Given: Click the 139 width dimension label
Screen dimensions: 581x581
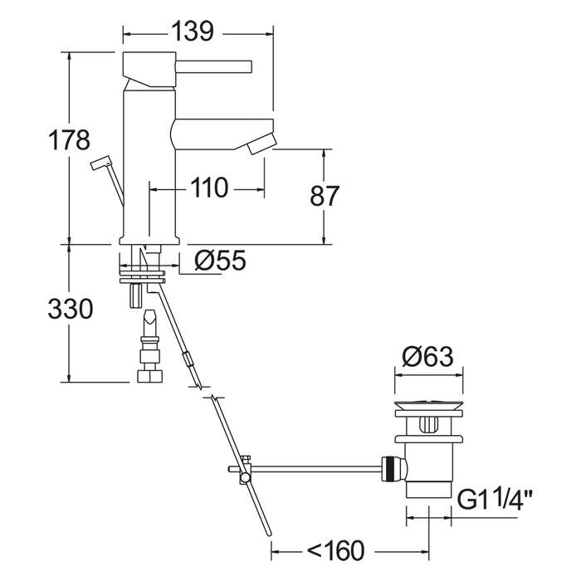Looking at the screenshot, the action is [x=193, y=32].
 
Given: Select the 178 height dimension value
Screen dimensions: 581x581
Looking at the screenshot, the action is [x=69, y=140].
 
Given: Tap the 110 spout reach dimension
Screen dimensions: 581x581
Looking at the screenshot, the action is [x=208, y=188].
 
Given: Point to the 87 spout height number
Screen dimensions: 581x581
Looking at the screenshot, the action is [x=325, y=195].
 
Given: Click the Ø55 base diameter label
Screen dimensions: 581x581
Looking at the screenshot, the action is [x=220, y=260].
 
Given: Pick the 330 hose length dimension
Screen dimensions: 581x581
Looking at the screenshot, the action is [x=71, y=309].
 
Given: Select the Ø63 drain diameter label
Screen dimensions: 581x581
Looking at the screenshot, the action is [x=427, y=356].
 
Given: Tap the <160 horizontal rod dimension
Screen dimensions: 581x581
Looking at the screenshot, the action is [x=335, y=550].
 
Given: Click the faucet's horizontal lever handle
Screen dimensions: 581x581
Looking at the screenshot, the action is [x=213, y=66].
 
